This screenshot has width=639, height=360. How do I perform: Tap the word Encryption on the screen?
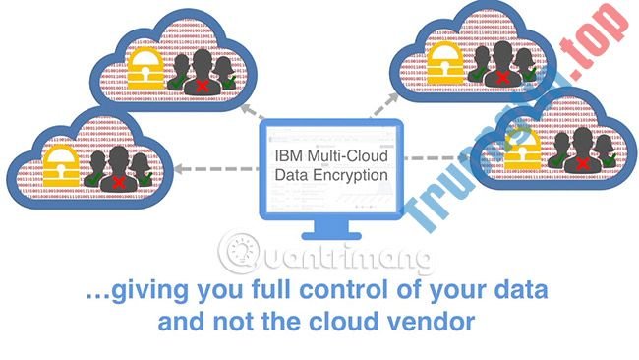click(348, 176)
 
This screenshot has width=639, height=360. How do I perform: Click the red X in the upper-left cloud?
click(203, 86)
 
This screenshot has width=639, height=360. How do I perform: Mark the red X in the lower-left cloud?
click(119, 185)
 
